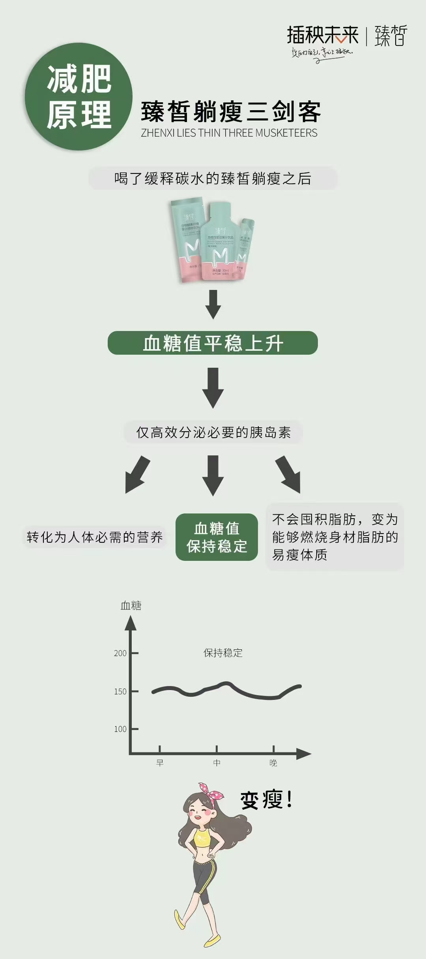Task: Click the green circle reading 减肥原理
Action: click(x=78, y=96)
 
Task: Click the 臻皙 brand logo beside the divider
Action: click(x=390, y=36)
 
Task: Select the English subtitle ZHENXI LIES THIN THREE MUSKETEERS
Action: click(x=229, y=133)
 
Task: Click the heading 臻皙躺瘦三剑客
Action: click(x=231, y=112)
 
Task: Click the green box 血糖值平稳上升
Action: click(x=213, y=343)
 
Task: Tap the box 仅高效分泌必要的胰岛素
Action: click(x=213, y=432)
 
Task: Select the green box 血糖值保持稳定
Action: click(x=217, y=537)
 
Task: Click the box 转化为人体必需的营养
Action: click(x=95, y=537)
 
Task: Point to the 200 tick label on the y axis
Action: click(x=120, y=653)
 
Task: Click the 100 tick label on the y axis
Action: click(x=120, y=729)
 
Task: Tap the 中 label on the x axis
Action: click(x=217, y=763)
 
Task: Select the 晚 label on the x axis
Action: click(x=273, y=763)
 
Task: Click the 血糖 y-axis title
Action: click(x=131, y=605)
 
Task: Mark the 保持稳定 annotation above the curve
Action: click(x=223, y=653)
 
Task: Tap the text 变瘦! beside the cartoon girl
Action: click(x=267, y=800)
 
